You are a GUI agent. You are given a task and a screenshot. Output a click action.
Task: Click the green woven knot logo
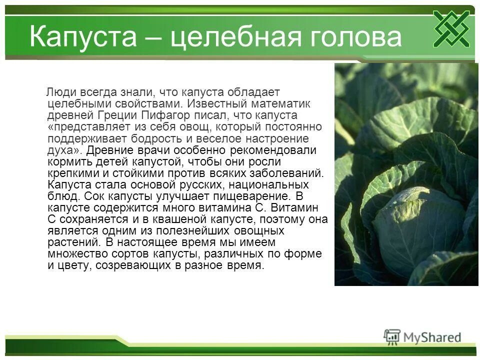(x=451, y=29)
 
